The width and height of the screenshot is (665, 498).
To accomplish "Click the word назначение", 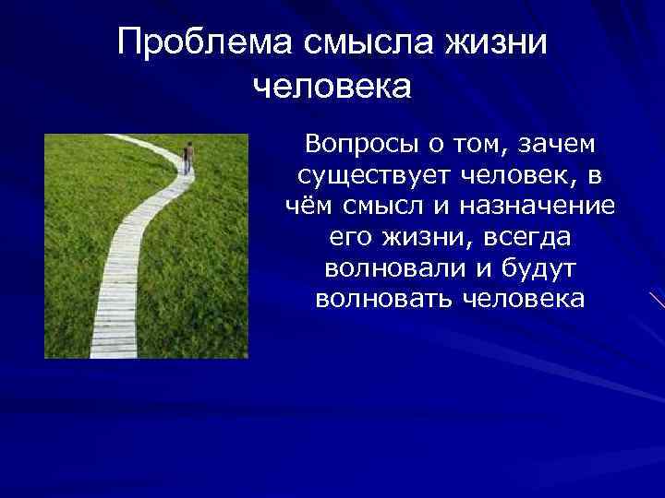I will coord(543,206).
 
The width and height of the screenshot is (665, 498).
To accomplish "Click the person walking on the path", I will coord(187,157).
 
